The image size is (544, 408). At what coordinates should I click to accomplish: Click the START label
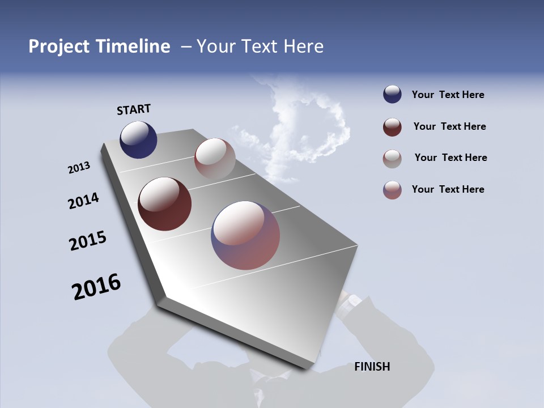tap(134, 109)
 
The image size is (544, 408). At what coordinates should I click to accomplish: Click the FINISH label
tap(372, 367)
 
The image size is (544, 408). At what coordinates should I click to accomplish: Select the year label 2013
tap(79, 168)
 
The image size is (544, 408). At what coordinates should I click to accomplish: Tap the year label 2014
tap(83, 201)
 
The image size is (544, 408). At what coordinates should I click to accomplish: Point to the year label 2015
tap(88, 241)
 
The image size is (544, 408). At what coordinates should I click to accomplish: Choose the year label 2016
tap(96, 287)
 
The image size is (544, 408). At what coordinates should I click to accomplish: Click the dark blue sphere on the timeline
tap(138, 139)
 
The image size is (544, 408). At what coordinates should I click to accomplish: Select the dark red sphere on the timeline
tap(164, 204)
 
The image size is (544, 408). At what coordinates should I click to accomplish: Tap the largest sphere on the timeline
tap(245, 235)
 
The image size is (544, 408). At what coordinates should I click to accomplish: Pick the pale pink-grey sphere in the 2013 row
tap(215, 159)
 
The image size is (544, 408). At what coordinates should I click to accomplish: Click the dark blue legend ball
tap(392, 95)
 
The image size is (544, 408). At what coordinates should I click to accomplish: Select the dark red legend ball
tap(392, 127)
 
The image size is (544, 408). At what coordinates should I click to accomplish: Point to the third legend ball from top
tap(392, 159)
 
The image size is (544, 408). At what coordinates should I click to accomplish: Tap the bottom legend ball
tap(392, 190)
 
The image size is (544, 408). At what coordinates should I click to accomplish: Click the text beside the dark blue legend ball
tap(448, 95)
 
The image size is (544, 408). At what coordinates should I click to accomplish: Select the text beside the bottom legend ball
tap(448, 189)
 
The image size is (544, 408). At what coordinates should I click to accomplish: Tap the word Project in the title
tap(59, 46)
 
